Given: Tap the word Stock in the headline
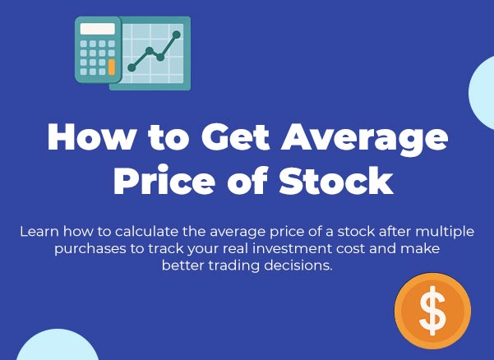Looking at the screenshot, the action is pyautogui.click(x=336, y=181).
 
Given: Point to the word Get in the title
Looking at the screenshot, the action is pyautogui.click(x=236, y=136).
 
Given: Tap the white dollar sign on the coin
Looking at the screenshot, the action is pyautogui.click(x=433, y=311).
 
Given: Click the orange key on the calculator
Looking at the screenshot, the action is pyautogui.click(x=112, y=67).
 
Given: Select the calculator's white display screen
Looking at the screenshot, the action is pyautogui.click(x=97, y=29).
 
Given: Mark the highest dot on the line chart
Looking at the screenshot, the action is pyautogui.click(x=177, y=35).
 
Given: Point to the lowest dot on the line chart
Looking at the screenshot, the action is pyautogui.click(x=132, y=67).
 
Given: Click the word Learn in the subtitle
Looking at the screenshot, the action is pyautogui.click(x=39, y=232).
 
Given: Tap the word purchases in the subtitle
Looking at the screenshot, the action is pyautogui.click(x=90, y=249).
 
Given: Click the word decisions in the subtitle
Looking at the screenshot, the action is pyautogui.click(x=298, y=265).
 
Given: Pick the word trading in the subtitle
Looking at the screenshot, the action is pyautogui.click(x=234, y=266).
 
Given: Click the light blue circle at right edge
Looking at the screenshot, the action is pyautogui.click(x=482, y=92).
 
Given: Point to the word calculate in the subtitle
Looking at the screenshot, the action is pyautogui.click(x=147, y=232).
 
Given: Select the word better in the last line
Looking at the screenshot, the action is pyautogui.click(x=183, y=265).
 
